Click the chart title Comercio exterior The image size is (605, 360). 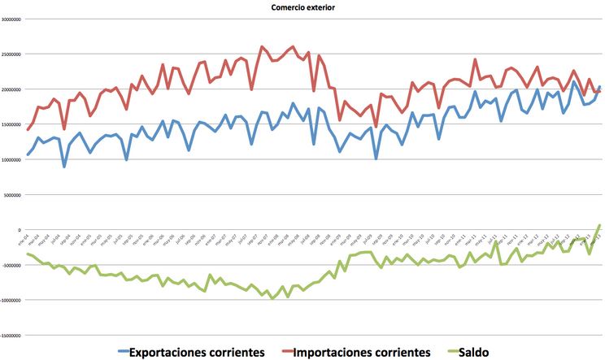coord(302,7)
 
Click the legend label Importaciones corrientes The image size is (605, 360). coord(361,352)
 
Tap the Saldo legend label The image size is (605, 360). coord(475,352)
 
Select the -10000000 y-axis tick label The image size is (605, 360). coord(11,300)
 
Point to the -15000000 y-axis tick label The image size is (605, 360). coord(11,335)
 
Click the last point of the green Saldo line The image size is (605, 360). coord(600,225)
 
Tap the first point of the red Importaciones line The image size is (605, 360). coord(28,130)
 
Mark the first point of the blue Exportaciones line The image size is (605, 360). coord(28,154)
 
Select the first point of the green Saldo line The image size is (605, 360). coord(28,254)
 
